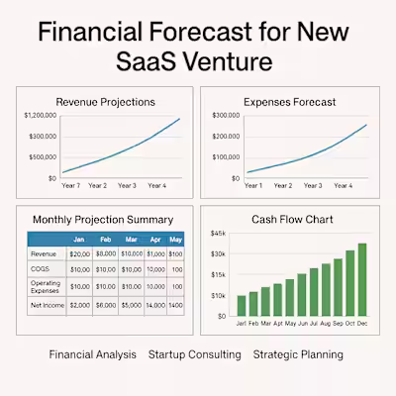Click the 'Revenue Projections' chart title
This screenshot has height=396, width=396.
point(104,101)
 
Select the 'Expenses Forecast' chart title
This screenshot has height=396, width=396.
point(290,101)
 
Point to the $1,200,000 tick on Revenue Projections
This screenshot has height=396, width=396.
point(40,116)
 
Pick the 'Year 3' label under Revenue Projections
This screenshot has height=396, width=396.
point(127,185)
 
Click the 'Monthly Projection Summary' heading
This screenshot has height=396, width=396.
point(103,219)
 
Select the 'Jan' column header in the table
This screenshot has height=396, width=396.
point(78,240)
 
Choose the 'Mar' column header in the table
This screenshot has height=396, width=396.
point(132,240)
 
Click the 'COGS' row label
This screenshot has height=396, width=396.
point(41,269)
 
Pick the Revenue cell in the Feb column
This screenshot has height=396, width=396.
point(106,254)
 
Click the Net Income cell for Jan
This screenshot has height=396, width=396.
point(78,306)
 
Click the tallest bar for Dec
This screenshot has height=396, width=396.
point(361,277)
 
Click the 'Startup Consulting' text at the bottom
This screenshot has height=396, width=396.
point(196,354)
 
